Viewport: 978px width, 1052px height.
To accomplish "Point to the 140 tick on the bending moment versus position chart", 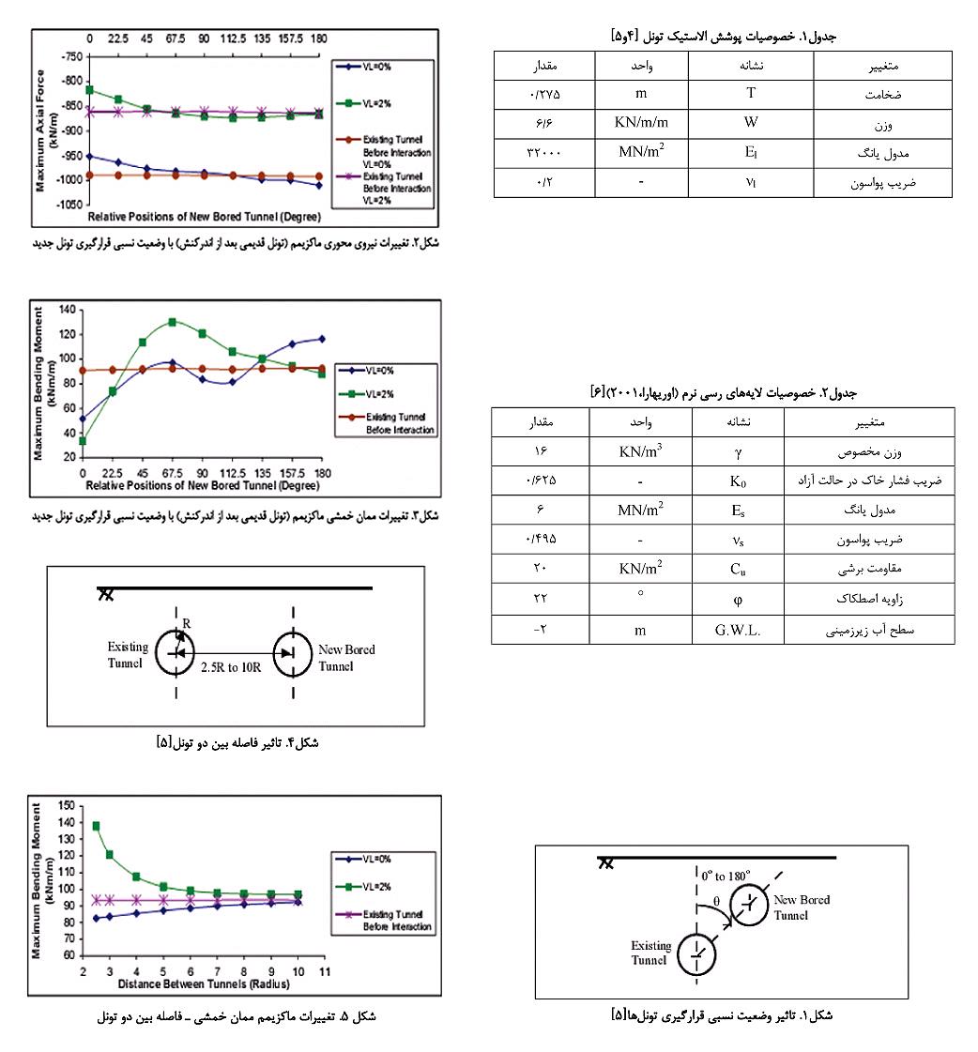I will [x=67, y=310].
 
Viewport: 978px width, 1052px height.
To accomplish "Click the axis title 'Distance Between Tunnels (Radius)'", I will [x=204, y=985].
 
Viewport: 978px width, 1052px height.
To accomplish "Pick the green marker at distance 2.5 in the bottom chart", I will [x=96, y=826].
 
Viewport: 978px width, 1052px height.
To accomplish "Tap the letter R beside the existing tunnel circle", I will [x=187, y=622].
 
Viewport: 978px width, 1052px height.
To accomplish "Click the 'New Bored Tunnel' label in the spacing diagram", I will [x=346, y=658].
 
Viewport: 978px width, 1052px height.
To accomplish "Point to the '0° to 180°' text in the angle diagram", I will [x=726, y=876].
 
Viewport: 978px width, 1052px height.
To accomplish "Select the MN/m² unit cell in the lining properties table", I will [x=641, y=151].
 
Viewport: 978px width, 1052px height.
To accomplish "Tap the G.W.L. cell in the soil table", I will [x=736, y=630].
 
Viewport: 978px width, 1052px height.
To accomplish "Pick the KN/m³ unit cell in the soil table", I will [x=643, y=450].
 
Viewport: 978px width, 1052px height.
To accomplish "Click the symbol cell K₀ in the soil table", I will [x=736, y=480].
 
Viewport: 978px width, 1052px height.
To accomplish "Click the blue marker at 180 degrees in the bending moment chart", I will [x=322, y=339].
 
